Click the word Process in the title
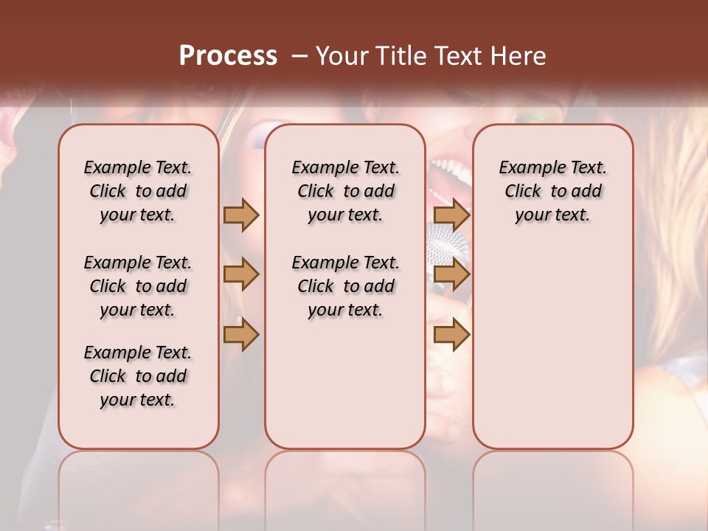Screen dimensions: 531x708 click(228, 56)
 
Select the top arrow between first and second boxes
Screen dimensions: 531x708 click(241, 215)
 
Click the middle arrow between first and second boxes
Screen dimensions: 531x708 click(241, 274)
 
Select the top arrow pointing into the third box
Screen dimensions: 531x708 click(451, 215)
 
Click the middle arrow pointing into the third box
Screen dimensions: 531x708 click(451, 274)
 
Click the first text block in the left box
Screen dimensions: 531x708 click(138, 191)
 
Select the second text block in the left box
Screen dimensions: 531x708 click(138, 286)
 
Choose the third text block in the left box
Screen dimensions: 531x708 click(138, 376)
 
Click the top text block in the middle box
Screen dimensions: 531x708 click(345, 191)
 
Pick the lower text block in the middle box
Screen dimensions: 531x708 click(345, 286)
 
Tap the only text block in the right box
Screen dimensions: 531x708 click(552, 191)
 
